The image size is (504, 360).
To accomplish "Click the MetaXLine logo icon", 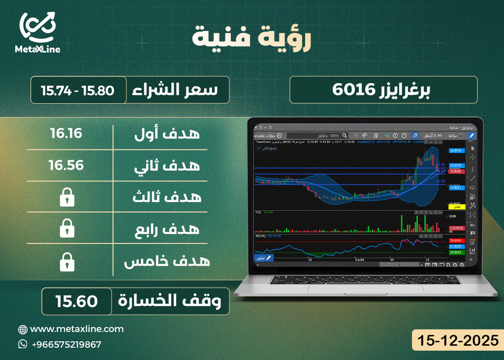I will point(37,27).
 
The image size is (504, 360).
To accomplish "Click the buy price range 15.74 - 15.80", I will point(78,90).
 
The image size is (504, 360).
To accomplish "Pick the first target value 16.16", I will point(66,133).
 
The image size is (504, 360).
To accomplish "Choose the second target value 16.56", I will point(66,165).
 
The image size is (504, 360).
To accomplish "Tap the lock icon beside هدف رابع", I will point(66,229).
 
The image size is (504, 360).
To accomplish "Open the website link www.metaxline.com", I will point(76,329).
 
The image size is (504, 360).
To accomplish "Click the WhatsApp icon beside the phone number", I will point(23,344).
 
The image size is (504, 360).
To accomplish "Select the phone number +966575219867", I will point(66,344).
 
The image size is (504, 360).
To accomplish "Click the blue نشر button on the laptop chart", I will point(263,258).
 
